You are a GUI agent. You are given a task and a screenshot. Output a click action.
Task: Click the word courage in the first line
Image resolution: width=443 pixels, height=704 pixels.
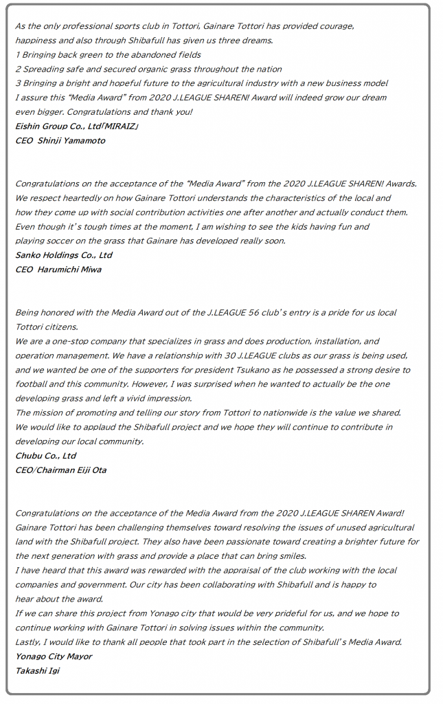coord(337,26)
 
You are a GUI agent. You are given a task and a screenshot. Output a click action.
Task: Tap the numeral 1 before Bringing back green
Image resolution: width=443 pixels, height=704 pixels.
coord(17,55)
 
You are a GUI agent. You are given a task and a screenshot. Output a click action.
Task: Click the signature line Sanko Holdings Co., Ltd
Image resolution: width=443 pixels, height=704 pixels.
coord(63,255)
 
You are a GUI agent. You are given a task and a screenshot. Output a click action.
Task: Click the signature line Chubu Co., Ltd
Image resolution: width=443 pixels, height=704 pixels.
coord(46,456)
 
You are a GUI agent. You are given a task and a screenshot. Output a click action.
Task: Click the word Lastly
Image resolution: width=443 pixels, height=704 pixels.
coord(30,642)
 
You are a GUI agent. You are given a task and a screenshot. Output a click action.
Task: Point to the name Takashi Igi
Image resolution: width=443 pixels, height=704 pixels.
coord(37,671)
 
